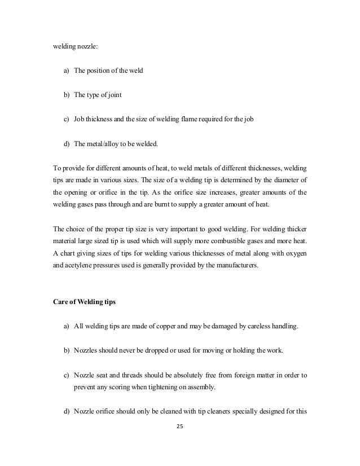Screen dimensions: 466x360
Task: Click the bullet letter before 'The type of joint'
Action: coord(66,95)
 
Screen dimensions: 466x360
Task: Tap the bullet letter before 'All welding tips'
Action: coord(66,327)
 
